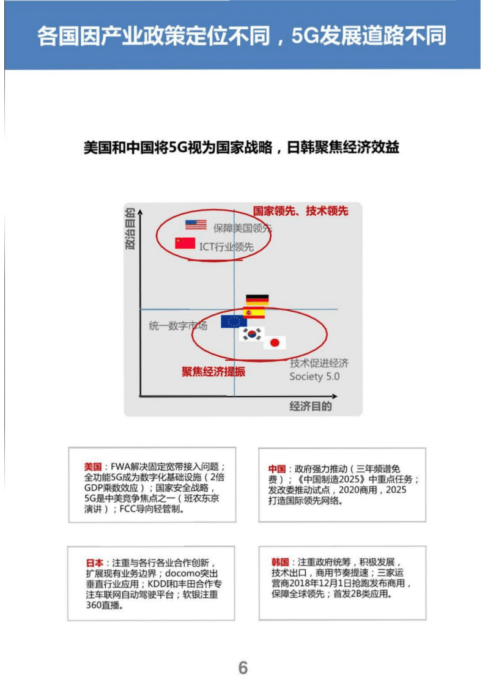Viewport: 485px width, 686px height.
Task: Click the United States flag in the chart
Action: click(196, 224)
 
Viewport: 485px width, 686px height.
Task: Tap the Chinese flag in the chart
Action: click(185, 243)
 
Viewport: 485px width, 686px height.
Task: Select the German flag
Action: click(257, 300)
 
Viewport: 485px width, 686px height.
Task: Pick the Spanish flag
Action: click(254, 313)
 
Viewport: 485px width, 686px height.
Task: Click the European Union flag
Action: click(233, 322)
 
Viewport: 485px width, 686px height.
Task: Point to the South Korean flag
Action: click(251, 334)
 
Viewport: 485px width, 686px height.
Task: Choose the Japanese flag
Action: click(275, 342)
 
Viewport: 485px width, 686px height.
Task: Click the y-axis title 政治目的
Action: click(130, 229)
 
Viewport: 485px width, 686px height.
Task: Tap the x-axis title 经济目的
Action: click(311, 407)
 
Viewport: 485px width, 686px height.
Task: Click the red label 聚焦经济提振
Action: click(213, 372)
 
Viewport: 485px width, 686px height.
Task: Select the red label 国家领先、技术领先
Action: click(300, 211)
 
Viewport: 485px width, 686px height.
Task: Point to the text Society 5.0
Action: click(314, 377)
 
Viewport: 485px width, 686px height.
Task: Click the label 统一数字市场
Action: click(178, 326)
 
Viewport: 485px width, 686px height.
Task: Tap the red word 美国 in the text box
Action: click(94, 467)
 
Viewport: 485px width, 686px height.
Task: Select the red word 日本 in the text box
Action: click(94, 562)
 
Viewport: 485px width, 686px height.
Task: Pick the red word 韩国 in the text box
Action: click(280, 562)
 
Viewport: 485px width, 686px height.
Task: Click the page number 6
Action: click(243, 668)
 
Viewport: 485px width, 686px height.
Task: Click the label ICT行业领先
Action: click(226, 246)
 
